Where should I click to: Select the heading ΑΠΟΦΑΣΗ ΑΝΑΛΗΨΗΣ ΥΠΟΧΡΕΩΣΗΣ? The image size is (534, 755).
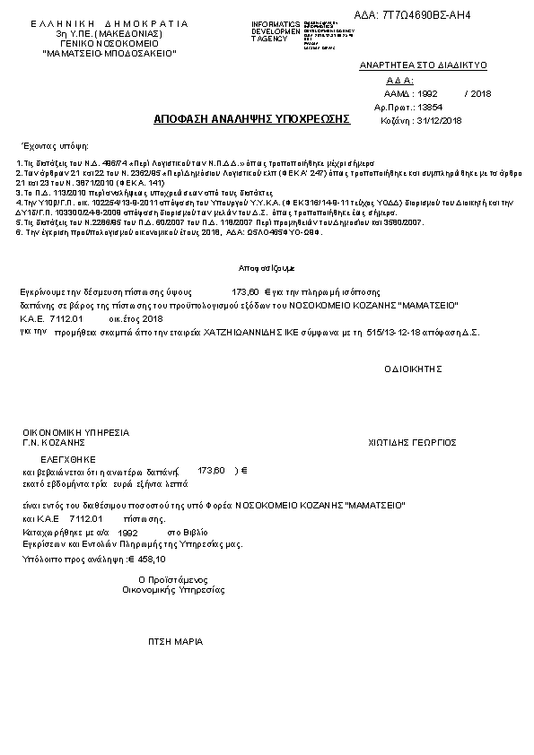click(251, 118)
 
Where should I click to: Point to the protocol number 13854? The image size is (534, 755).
click(432, 106)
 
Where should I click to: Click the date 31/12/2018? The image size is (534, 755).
click(441, 120)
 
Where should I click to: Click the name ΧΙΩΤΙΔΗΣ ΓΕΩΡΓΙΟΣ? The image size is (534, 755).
click(413, 442)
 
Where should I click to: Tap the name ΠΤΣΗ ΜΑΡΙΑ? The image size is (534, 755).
click(176, 642)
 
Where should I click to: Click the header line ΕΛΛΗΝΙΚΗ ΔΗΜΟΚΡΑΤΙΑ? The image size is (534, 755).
click(109, 22)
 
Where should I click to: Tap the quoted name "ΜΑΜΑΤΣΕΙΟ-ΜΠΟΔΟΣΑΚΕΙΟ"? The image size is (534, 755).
click(109, 54)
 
